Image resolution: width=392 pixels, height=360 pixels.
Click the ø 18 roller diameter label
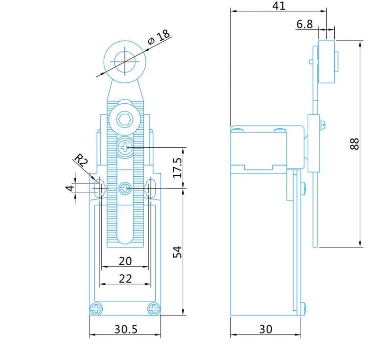159,37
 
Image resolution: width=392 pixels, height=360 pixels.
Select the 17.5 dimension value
178,168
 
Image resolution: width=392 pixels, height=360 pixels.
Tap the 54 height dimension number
178,252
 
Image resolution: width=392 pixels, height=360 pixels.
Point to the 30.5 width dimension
126,329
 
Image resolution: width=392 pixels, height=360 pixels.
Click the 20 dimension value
125,261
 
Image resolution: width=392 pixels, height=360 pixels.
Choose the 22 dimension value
125,279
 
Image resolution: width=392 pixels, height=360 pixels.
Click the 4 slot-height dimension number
70,188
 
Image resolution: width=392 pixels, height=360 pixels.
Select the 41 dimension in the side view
279,6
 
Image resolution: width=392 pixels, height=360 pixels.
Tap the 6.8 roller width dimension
304,24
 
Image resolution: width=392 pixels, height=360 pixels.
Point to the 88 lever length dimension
355,144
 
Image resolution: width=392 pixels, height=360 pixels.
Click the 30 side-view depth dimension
266,329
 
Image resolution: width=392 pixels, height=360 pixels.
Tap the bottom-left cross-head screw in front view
96,309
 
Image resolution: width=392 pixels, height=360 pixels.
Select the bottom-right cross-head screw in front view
154,309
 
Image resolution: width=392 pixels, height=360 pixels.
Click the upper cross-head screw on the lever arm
125,148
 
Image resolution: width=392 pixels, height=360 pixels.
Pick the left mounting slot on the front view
99,188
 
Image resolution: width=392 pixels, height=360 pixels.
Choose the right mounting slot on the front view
151,188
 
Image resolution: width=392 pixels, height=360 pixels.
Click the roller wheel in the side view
327,62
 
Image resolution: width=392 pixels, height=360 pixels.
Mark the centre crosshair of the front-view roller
125,62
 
